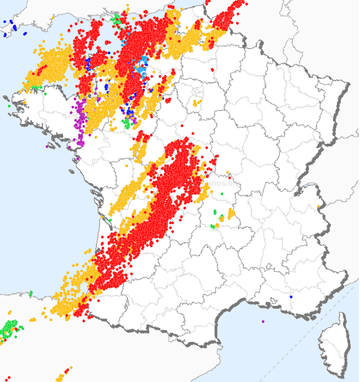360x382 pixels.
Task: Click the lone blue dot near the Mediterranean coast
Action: [x=291, y=297]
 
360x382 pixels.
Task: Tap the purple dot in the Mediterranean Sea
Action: [x=263, y=321]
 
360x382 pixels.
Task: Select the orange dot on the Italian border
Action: [x=318, y=208]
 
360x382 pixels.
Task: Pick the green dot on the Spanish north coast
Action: [x=31, y=293]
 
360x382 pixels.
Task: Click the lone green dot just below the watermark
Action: [x=222, y=194]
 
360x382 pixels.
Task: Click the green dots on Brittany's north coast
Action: [x=36, y=88]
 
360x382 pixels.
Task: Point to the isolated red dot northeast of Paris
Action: [x=213, y=69]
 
